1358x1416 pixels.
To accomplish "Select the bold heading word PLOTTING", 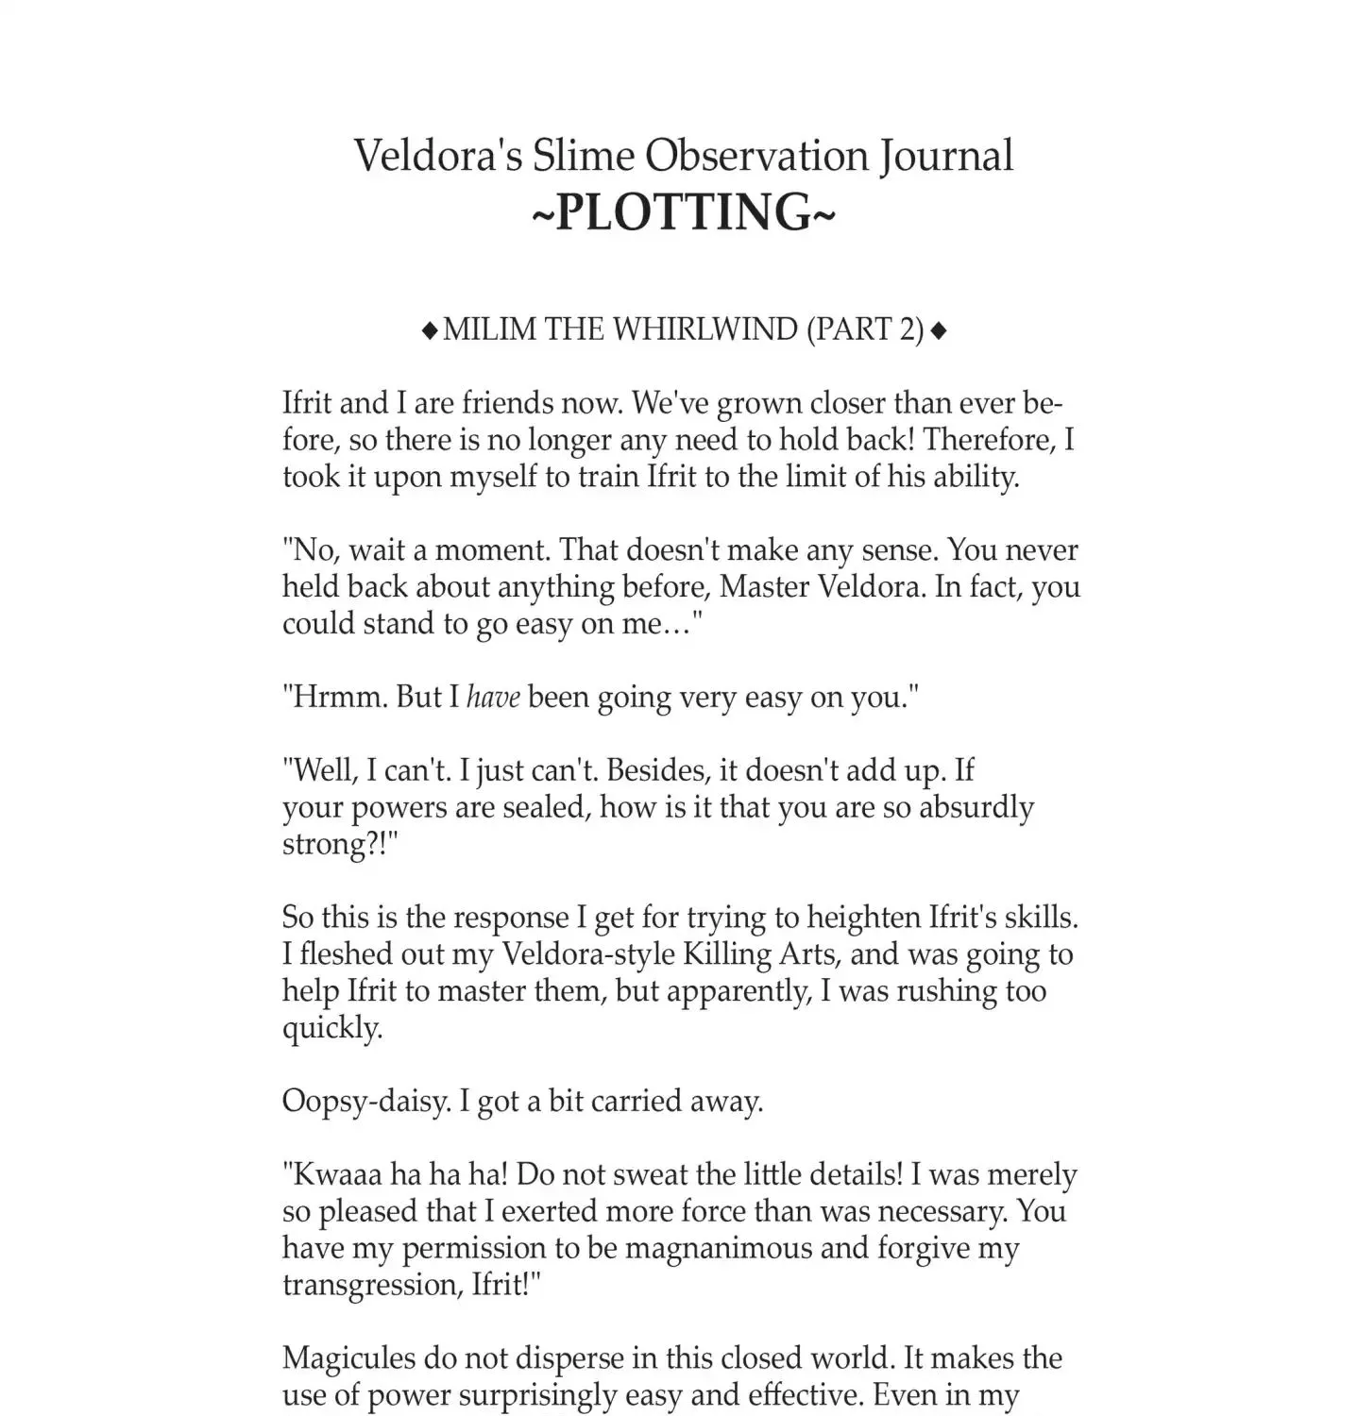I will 684,211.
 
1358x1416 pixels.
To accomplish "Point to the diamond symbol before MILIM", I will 430,330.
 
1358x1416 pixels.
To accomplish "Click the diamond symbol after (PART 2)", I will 939,330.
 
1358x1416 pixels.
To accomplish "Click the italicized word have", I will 493,698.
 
